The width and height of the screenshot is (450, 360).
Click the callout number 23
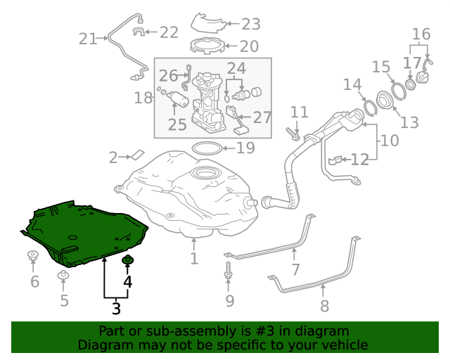pos(251,25)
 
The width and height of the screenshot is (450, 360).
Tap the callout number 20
pos(250,47)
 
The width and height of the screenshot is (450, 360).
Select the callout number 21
pos(88,39)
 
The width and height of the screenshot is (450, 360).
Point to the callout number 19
pos(245,148)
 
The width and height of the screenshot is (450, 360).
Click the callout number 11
pos(300,112)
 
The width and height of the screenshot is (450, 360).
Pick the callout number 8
pos(324,306)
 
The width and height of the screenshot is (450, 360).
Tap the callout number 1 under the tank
pos(194,259)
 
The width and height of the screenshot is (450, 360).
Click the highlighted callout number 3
pos(116,307)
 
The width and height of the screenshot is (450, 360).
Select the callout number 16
pos(420,34)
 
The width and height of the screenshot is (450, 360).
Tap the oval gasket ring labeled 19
pos(205,148)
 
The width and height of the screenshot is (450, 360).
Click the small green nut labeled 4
pos(128,262)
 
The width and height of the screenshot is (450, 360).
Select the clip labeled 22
pos(139,31)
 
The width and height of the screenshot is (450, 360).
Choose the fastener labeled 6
pos(33,256)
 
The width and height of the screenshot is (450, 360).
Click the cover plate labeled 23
pos(210,22)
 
